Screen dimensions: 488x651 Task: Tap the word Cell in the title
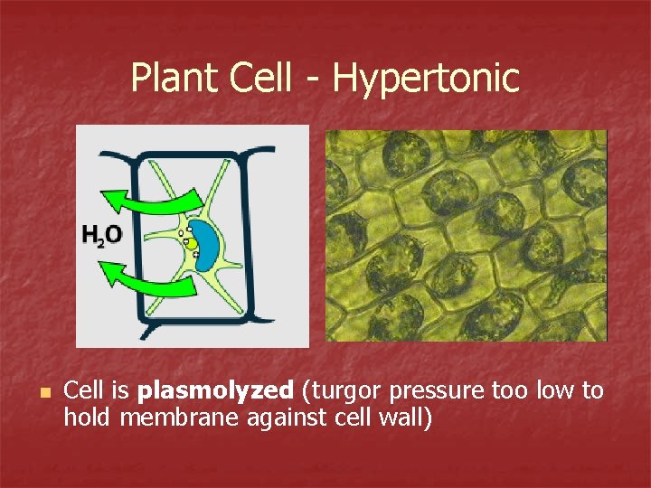click(261, 78)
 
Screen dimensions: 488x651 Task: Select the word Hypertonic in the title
click(426, 78)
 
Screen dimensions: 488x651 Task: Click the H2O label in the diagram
click(101, 237)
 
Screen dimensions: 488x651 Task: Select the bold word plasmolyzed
click(216, 391)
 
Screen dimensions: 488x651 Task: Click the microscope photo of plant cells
click(466, 235)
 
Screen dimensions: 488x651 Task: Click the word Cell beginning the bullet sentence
click(84, 391)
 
